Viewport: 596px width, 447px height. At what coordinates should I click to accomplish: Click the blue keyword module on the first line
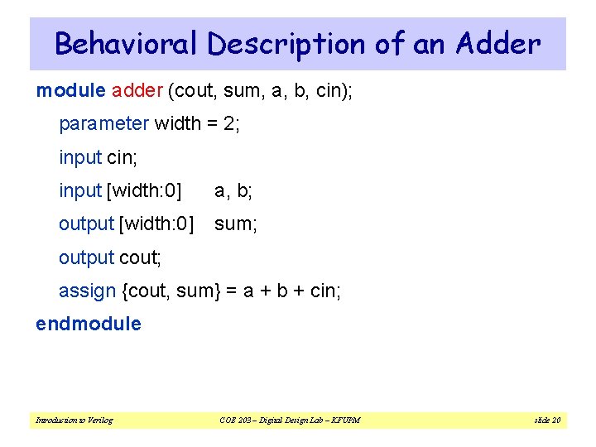pyautogui.click(x=70, y=90)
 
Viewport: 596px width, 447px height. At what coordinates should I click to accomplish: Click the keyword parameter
pyautogui.click(x=103, y=124)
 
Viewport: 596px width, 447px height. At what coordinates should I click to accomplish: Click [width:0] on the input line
pyautogui.click(x=144, y=191)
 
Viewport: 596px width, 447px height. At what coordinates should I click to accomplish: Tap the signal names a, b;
pyautogui.click(x=233, y=191)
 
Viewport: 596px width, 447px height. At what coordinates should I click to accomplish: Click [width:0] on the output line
pyautogui.click(x=156, y=224)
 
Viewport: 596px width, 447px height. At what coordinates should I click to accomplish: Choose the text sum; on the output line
pyautogui.click(x=236, y=224)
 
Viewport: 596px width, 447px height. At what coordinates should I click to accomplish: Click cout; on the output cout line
pyautogui.click(x=140, y=257)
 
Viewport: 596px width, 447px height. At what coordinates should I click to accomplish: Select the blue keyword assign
pyautogui.click(x=87, y=291)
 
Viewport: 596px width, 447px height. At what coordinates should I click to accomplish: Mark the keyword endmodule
pyautogui.click(x=89, y=324)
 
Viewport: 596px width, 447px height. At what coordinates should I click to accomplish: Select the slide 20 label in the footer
pyautogui.click(x=547, y=421)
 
